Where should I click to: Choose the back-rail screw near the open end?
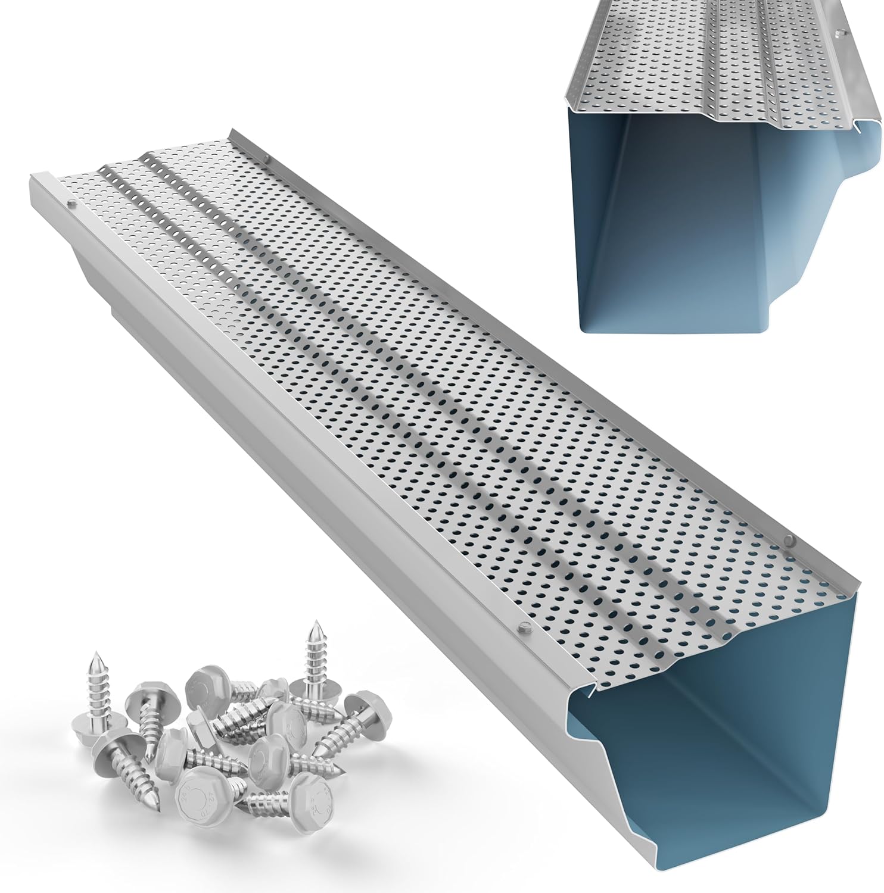click(789, 540)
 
